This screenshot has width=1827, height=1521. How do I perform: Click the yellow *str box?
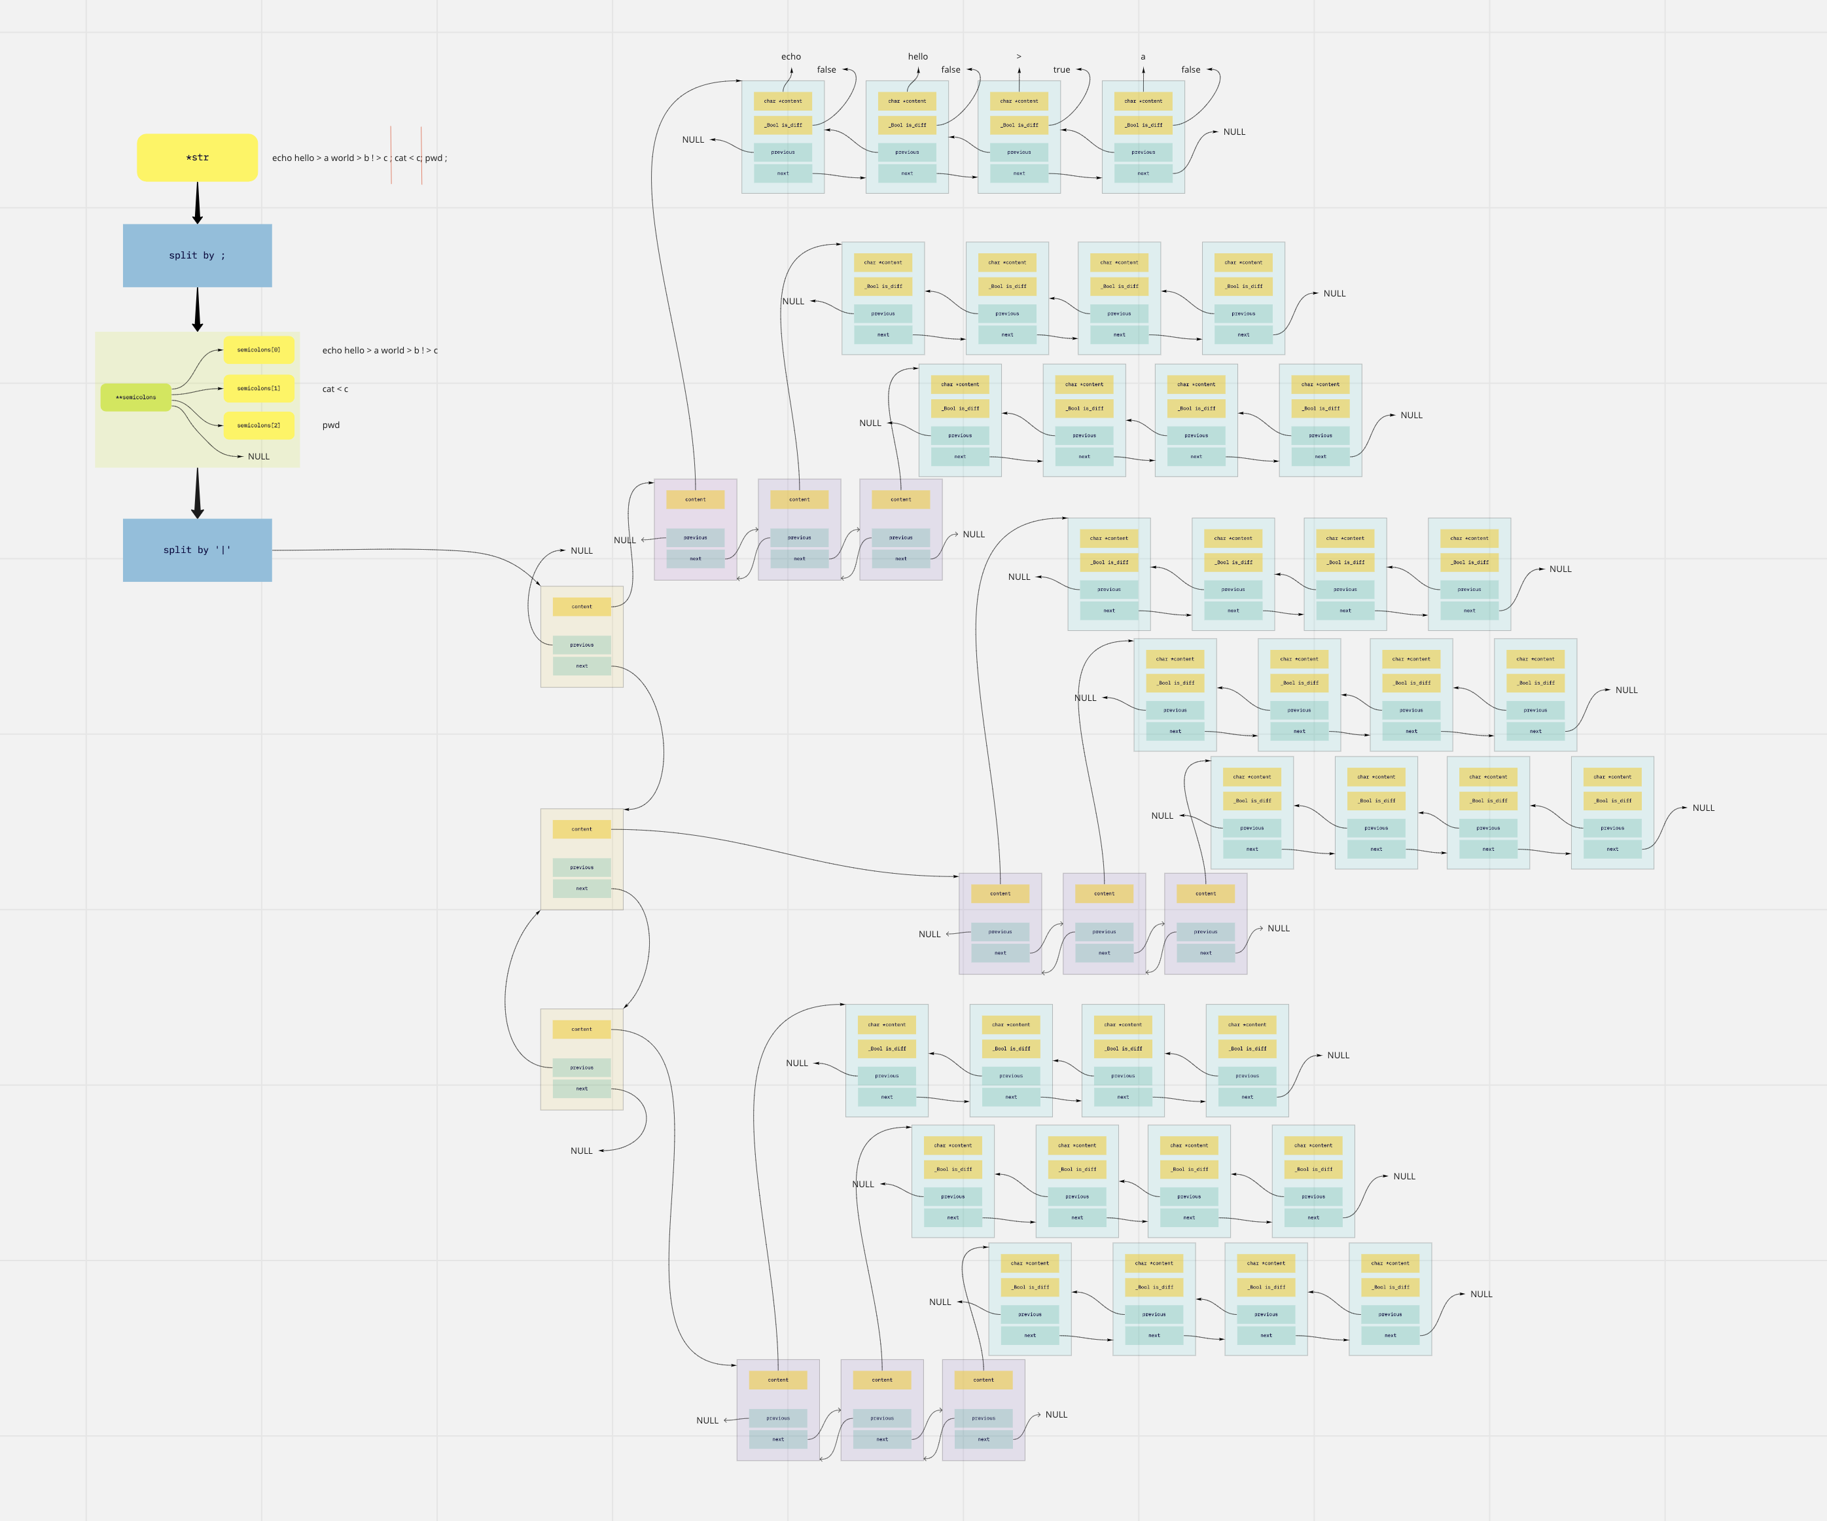coord(198,158)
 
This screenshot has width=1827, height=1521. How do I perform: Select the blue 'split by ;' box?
coord(198,256)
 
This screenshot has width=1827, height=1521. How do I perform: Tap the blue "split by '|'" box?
coord(198,550)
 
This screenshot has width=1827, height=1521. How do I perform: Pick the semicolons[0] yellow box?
coord(258,349)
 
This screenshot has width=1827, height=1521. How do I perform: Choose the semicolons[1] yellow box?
coord(258,388)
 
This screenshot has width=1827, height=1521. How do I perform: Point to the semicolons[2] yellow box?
coord(258,425)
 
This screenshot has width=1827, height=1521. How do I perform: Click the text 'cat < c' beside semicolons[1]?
coord(335,389)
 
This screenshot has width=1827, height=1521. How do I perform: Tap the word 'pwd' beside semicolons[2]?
coord(330,425)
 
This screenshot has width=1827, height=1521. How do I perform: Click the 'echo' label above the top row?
coord(791,56)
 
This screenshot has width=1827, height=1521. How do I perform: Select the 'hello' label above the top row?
coord(918,56)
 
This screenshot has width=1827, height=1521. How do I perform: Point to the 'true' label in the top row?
coord(1061,69)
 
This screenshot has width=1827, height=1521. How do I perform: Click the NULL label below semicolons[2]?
coord(258,457)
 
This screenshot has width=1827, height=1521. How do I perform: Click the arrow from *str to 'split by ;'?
coord(198,203)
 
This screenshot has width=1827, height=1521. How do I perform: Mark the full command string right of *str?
coord(359,158)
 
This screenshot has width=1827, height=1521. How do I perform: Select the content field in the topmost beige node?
coord(581,607)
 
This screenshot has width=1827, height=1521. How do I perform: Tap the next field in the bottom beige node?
coord(581,1088)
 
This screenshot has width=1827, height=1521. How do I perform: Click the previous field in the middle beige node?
coord(581,868)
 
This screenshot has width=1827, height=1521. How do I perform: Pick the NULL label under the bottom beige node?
coord(581,1151)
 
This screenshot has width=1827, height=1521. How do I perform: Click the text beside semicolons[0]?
coord(380,351)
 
